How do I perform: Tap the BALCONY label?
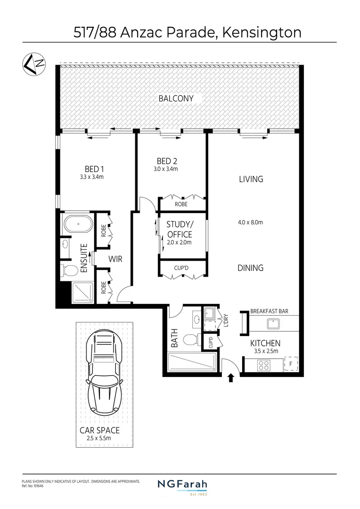[x=176, y=99]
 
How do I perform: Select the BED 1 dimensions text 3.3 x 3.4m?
[x=91, y=177]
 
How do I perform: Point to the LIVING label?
[x=251, y=179]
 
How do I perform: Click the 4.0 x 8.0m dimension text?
[x=250, y=222]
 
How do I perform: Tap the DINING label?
[x=250, y=268]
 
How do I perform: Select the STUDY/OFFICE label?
[x=180, y=229]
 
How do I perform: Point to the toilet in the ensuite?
[x=69, y=271]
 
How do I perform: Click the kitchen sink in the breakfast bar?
[x=273, y=324]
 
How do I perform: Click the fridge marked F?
[x=291, y=364]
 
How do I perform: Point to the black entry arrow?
[x=231, y=378]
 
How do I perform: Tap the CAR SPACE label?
[x=99, y=430]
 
